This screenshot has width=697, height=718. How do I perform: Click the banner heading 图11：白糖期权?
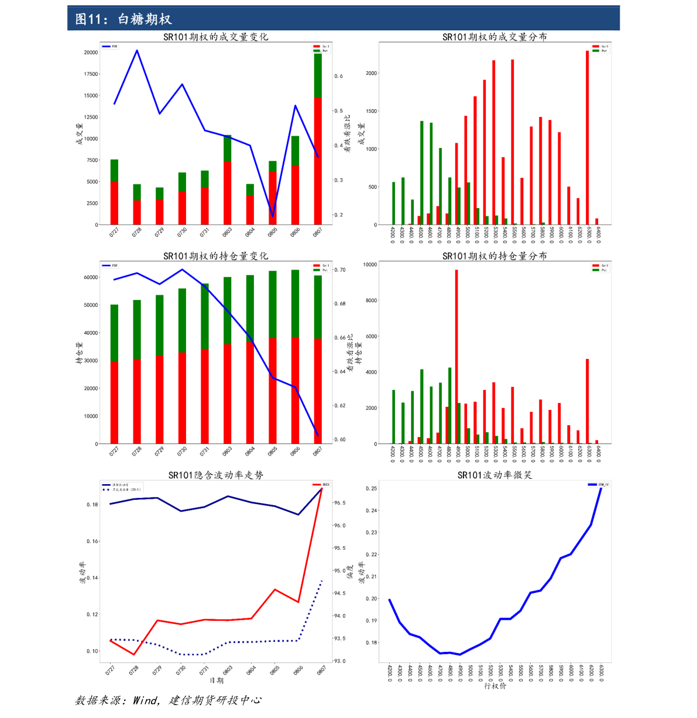pyautogui.click(x=123, y=19)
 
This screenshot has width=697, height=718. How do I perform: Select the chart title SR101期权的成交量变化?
pyautogui.click(x=215, y=37)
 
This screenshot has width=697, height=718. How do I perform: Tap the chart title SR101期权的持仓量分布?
pyautogui.click(x=495, y=256)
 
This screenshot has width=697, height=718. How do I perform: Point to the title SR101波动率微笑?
pyautogui.click(x=495, y=475)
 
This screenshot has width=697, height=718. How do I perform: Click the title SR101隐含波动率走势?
pyautogui.click(x=215, y=475)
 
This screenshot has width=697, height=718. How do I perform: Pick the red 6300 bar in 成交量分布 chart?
pyautogui.click(x=587, y=137)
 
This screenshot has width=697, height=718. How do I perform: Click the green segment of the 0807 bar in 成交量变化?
pyautogui.click(x=318, y=75)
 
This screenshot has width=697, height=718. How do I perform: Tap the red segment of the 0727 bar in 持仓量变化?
pyautogui.click(x=114, y=402)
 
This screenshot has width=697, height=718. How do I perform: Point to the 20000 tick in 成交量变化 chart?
pyautogui.click(x=91, y=53)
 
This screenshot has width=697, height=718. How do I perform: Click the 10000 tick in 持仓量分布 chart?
pyautogui.click(x=370, y=264)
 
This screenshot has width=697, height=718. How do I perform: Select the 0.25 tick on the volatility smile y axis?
pyautogui.click(x=371, y=488)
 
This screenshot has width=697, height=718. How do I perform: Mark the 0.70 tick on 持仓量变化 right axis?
pyautogui.click(x=339, y=270)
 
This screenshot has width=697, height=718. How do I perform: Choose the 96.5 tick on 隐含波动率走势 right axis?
pyautogui.click(x=339, y=503)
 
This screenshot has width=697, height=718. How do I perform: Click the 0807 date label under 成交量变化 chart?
pyautogui.click(x=317, y=232)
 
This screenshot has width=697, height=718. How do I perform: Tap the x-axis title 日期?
pyautogui.click(x=216, y=681)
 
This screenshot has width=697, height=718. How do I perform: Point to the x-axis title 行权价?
pyautogui.click(x=495, y=686)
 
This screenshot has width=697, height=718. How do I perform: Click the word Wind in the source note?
pyautogui.click(x=145, y=700)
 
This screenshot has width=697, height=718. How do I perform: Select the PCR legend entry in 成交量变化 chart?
pyautogui.click(x=109, y=46)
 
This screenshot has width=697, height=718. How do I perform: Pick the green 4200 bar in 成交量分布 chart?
pyautogui.click(x=393, y=203)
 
